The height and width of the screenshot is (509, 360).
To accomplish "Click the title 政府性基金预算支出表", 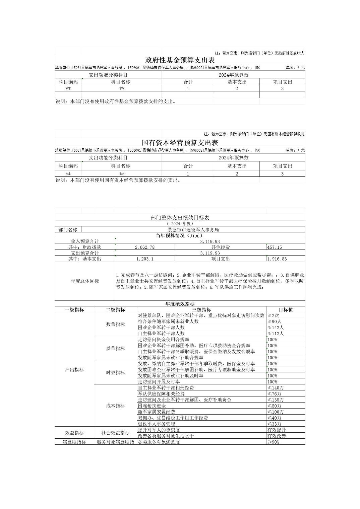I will (x=180, y=60).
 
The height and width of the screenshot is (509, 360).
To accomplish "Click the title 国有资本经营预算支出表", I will (x=180, y=143).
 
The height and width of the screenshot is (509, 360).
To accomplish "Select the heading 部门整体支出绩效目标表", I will (x=180, y=218).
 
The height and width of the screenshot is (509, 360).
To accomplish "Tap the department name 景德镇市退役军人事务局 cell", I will (x=193, y=230).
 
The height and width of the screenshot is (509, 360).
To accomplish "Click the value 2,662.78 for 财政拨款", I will (x=144, y=247).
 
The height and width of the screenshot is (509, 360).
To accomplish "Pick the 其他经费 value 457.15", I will (x=275, y=247).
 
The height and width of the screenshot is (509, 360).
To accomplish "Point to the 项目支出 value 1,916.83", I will (x=277, y=259).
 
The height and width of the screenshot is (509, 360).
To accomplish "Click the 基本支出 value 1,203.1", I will (x=145, y=259).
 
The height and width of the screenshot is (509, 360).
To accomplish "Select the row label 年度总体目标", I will (x=85, y=281).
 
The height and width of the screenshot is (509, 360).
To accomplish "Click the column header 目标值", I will (x=286, y=310).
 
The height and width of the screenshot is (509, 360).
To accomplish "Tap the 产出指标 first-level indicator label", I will (x=74, y=370).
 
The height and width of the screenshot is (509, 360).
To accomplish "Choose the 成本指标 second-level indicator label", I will (x=115, y=406).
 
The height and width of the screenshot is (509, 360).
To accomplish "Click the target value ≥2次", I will (x=274, y=315).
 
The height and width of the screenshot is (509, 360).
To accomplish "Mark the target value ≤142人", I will (x=276, y=328).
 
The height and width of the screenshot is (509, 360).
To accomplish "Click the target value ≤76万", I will (x=275, y=394).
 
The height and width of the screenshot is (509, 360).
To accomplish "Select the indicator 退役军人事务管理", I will (x=157, y=424).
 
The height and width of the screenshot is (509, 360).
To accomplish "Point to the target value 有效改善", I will (x=277, y=436).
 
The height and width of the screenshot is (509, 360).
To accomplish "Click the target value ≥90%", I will (x=274, y=442).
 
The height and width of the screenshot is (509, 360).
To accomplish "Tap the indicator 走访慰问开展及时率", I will (x=159, y=382).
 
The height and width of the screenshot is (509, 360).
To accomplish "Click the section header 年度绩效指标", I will (x=180, y=304).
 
